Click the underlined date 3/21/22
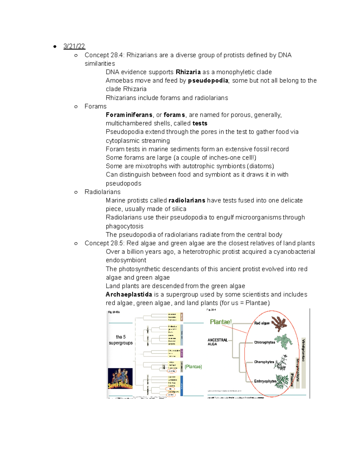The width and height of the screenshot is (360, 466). [x=74, y=46]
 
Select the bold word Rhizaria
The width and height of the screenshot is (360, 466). [x=188, y=72]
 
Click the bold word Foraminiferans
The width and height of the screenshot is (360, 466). [x=129, y=115]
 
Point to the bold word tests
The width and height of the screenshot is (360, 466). [x=200, y=123]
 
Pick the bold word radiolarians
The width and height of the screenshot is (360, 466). [x=187, y=200]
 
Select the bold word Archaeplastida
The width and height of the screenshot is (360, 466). [x=129, y=294]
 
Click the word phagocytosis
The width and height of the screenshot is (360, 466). [x=124, y=226]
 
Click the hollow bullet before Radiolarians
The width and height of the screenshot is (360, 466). [x=76, y=192]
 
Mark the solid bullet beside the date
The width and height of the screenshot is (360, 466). [x=55, y=47]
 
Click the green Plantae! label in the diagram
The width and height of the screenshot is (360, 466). [x=220, y=322]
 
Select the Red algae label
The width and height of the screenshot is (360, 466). [x=262, y=323]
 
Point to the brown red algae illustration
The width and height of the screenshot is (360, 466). [x=279, y=323]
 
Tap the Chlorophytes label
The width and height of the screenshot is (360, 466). [x=264, y=342]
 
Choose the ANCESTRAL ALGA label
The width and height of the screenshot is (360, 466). [x=217, y=342]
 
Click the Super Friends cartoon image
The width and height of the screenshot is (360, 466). [x=120, y=378]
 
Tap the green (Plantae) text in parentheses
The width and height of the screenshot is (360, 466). [x=193, y=367]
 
